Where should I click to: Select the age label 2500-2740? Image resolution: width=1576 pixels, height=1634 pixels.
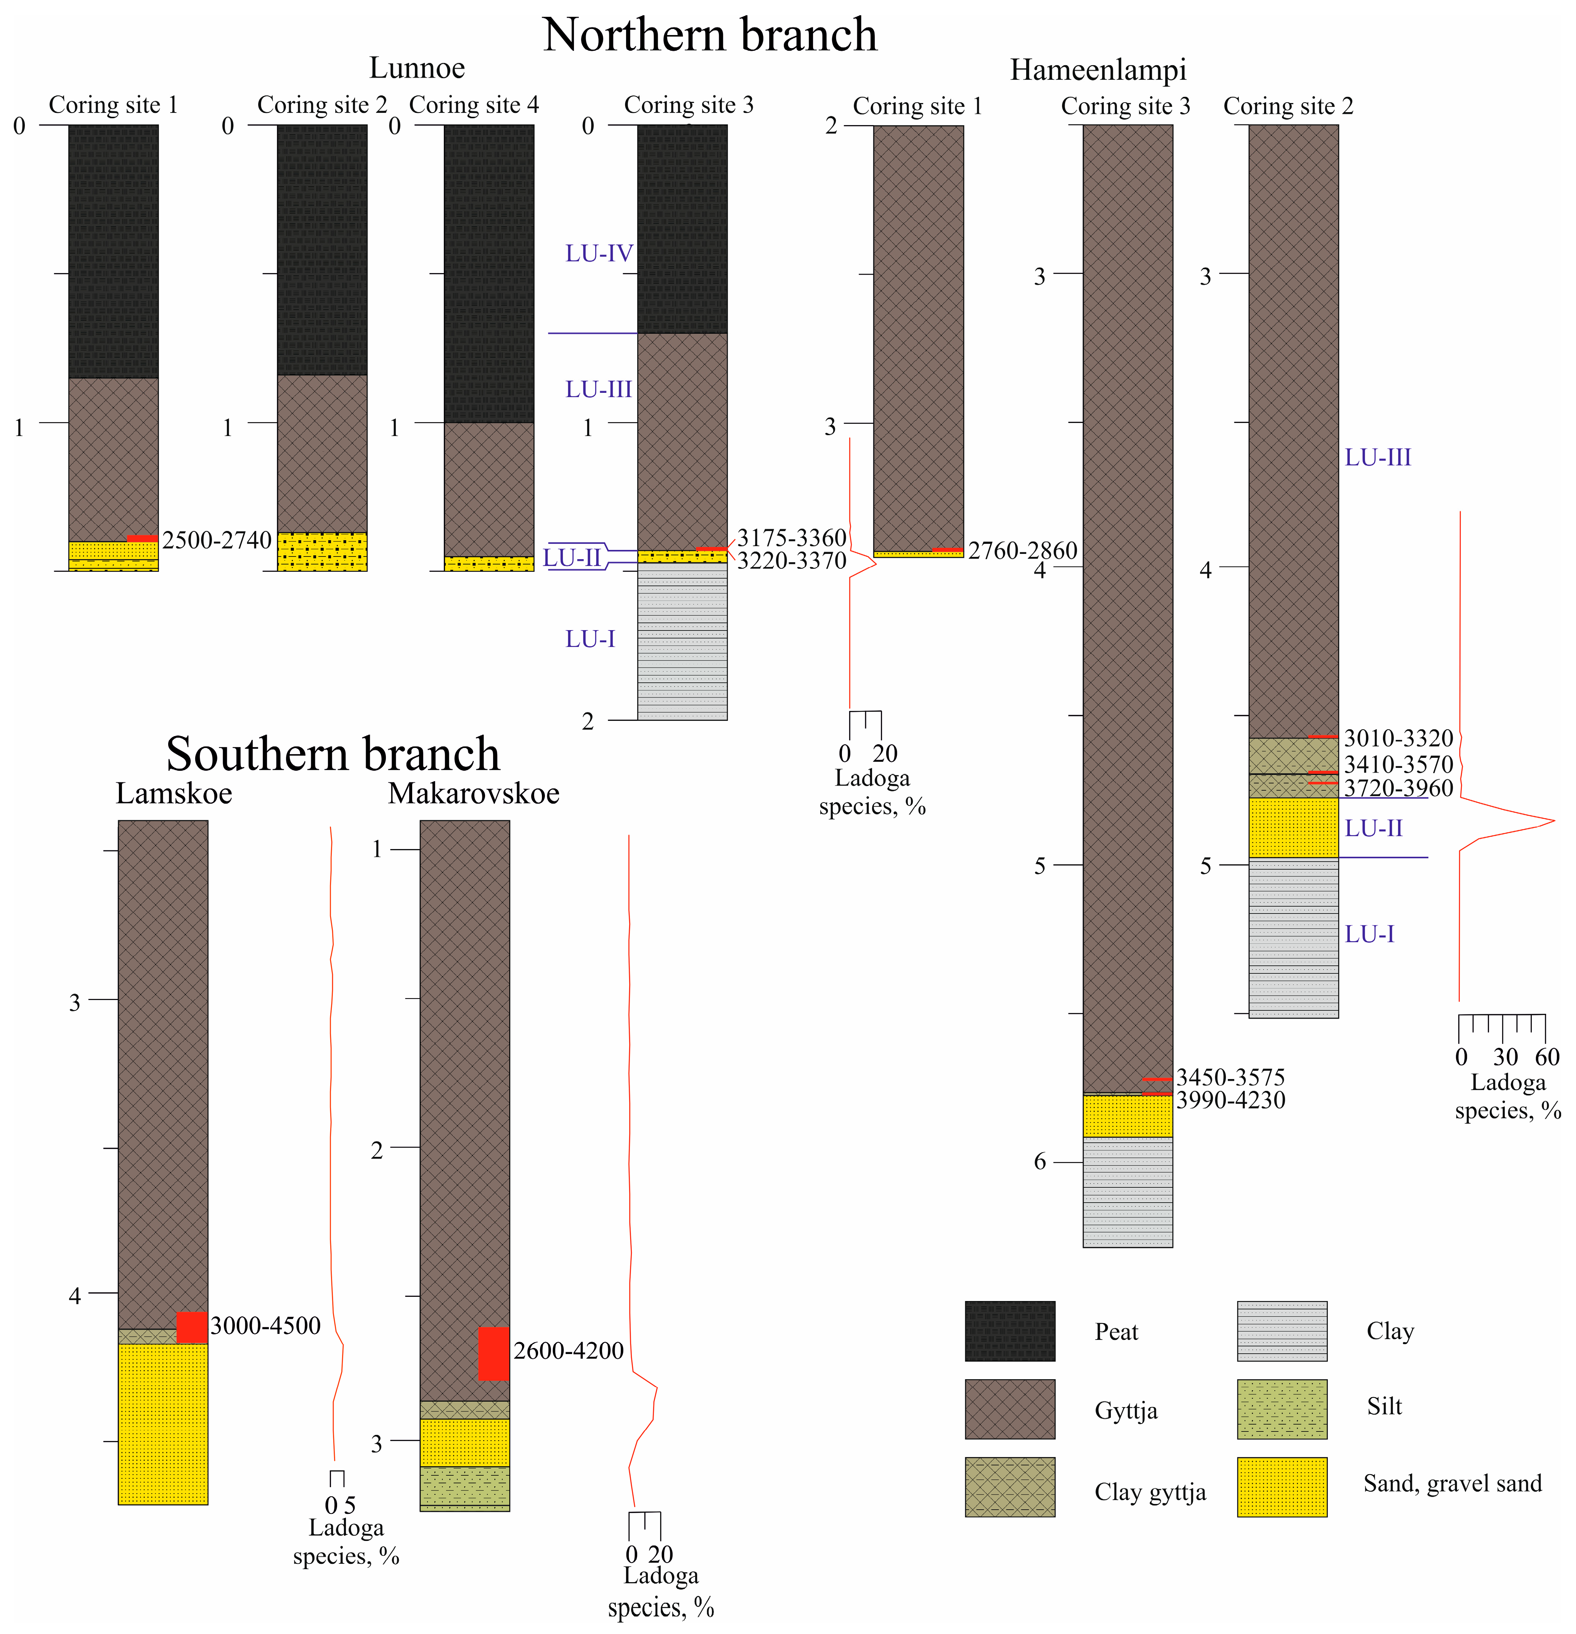[217, 540]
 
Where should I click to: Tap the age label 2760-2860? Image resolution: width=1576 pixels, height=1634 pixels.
[1023, 550]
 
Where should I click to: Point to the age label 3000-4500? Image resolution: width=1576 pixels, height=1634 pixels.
[265, 1325]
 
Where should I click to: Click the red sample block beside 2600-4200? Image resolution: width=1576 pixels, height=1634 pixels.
[493, 1353]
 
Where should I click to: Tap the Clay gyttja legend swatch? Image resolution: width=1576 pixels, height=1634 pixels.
[1009, 1487]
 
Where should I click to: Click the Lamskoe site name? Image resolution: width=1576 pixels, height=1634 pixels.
[174, 793]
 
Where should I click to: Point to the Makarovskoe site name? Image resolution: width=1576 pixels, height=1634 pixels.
[473, 793]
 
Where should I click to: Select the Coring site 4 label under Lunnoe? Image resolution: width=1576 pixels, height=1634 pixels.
[473, 105]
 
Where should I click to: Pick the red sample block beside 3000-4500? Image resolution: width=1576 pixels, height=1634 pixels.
[192, 1327]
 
